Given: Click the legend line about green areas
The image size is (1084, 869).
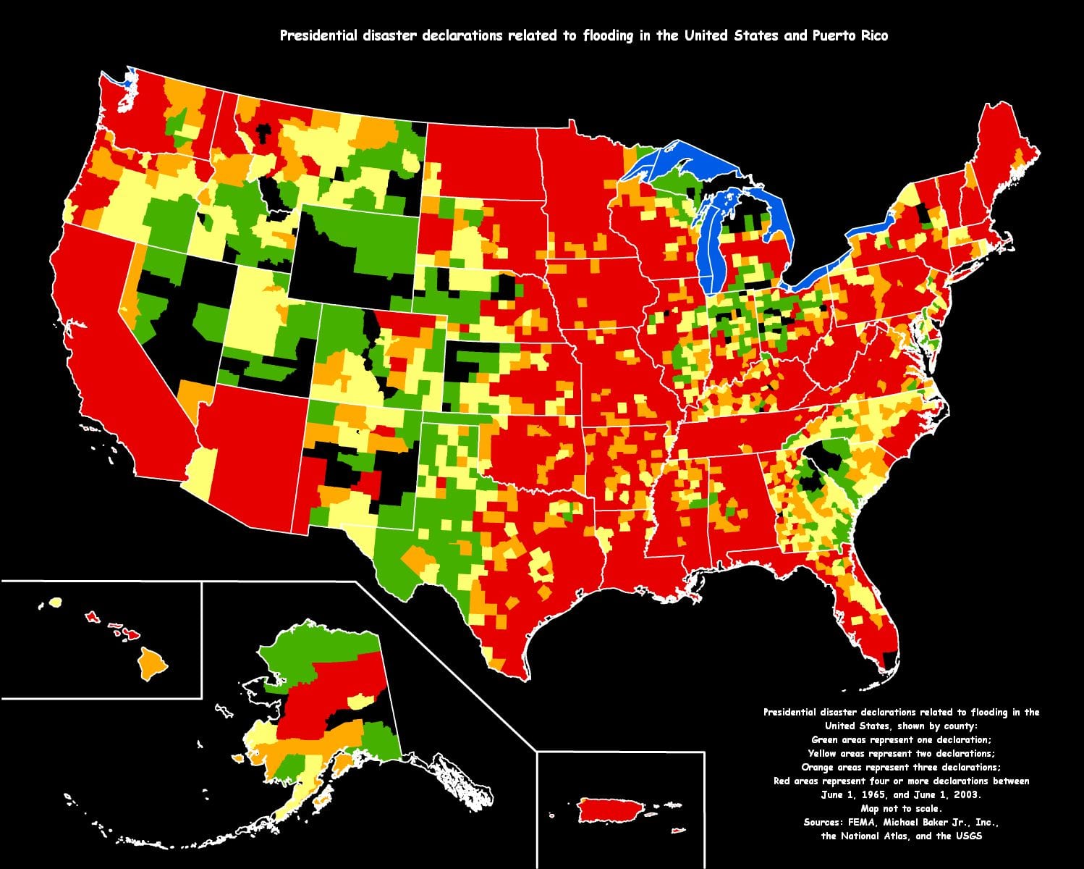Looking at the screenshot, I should (901, 739).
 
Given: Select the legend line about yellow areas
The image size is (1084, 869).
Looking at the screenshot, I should (901, 753).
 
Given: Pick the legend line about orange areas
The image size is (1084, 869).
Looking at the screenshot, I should (901, 767).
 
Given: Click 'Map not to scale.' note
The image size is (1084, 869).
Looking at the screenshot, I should (901, 808).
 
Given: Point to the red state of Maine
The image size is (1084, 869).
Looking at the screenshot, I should (1002, 152).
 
